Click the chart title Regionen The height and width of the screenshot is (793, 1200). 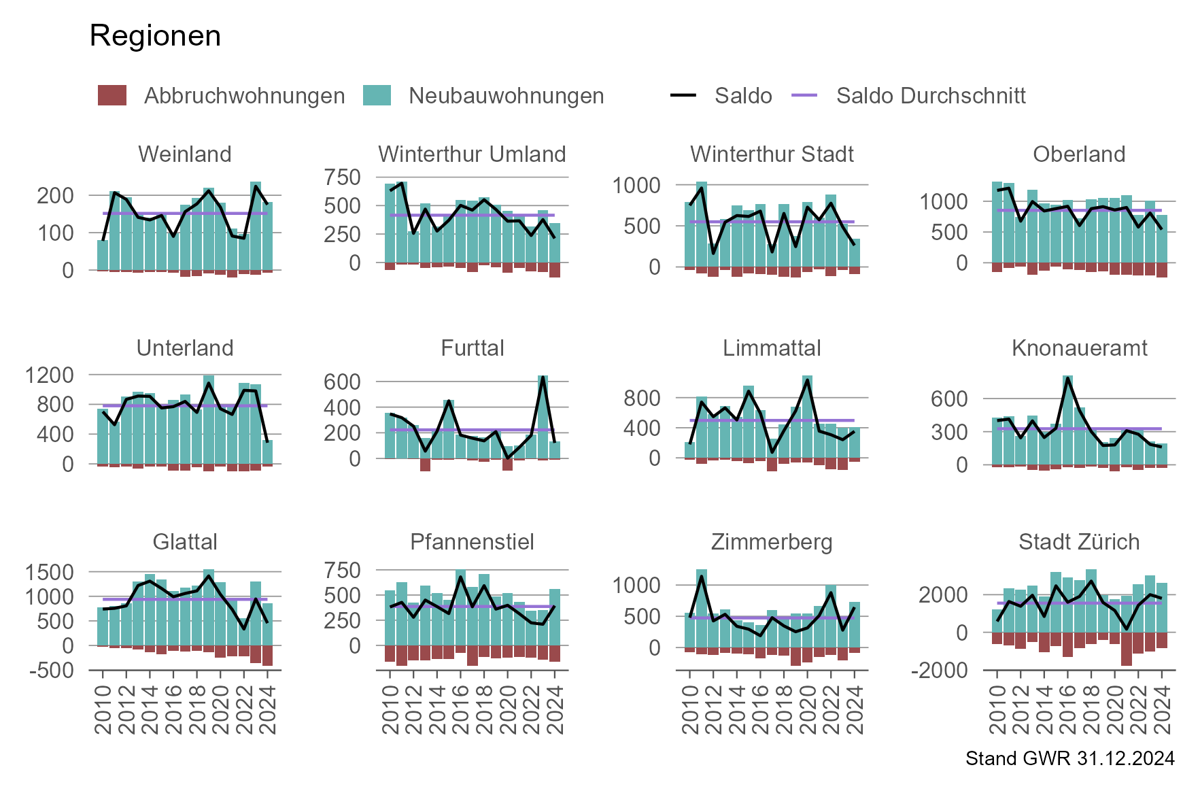coord(155,35)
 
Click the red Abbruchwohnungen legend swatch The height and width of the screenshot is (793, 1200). coord(112,95)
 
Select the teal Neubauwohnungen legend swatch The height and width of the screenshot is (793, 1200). coord(377,95)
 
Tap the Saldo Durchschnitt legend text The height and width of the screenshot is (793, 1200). coord(931,95)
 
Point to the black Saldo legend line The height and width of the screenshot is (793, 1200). coord(683,95)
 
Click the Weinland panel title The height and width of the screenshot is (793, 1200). coord(185,154)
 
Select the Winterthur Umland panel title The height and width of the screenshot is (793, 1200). coord(472,154)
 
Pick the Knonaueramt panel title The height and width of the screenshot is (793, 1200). coord(1079,348)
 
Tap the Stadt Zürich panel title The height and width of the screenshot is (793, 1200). coord(1079,542)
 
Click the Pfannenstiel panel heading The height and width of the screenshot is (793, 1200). coord(472,542)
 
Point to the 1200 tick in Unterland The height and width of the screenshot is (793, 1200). coord(50,375)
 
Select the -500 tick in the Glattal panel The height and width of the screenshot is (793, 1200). coord(50,670)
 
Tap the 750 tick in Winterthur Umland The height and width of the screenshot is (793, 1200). coord(342,178)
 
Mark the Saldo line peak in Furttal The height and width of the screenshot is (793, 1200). coord(543,377)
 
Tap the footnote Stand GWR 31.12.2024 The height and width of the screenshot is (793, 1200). coord(1069,758)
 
